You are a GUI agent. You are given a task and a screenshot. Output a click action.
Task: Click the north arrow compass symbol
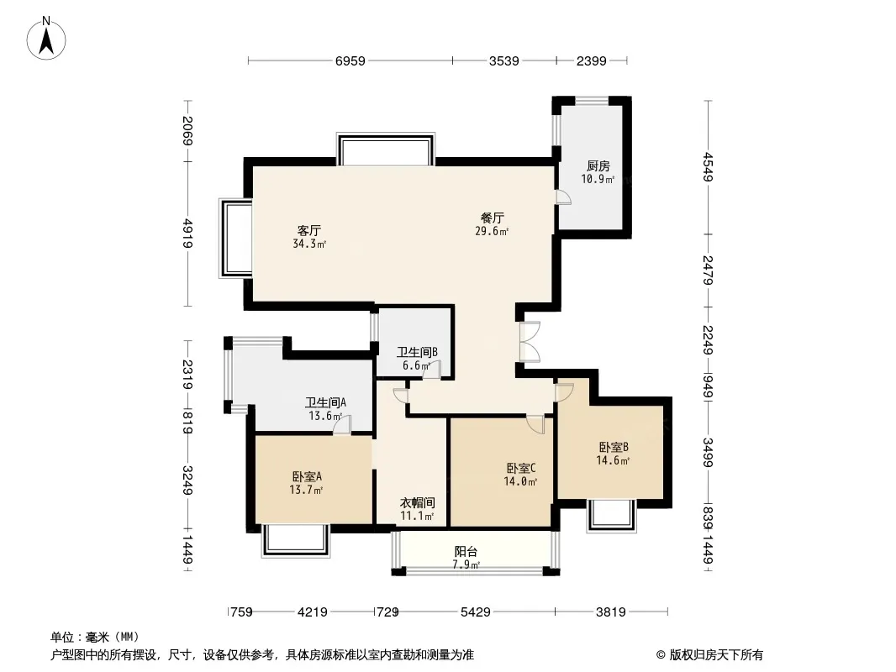(x=46, y=39)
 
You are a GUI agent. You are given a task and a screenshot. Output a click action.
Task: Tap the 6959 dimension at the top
(x=350, y=60)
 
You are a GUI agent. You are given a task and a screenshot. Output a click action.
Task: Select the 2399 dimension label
(x=592, y=60)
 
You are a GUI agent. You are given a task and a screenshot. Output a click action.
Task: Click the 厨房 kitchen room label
(x=598, y=166)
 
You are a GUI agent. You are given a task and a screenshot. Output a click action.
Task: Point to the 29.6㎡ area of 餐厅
(x=492, y=231)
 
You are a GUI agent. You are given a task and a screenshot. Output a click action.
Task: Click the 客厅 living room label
(x=309, y=231)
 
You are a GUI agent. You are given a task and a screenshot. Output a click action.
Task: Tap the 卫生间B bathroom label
(x=417, y=352)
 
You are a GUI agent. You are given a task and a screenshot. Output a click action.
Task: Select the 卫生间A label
(x=325, y=402)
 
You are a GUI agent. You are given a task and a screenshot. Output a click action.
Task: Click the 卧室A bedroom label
(x=307, y=476)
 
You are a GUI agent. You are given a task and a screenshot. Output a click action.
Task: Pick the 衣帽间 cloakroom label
(x=417, y=503)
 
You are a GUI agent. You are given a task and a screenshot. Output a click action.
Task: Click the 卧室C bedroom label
(x=520, y=468)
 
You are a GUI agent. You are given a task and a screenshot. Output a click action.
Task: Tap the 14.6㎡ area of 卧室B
(x=613, y=460)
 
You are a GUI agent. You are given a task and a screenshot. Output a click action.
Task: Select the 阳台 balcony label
(x=466, y=552)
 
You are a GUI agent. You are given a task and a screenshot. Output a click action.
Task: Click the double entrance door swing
(x=530, y=342)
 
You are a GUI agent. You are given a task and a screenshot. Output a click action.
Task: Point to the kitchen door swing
(x=563, y=197)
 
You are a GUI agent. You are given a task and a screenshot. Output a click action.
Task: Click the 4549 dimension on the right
(x=709, y=166)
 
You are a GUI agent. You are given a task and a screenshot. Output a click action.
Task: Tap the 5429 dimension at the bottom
(x=476, y=612)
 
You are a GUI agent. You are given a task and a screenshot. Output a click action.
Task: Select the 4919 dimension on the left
(x=187, y=233)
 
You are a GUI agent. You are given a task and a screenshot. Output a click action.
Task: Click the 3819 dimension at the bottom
(x=611, y=612)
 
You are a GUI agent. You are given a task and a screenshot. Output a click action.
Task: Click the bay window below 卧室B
(x=611, y=516)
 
